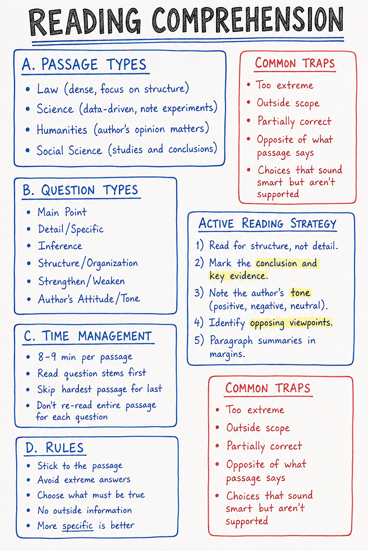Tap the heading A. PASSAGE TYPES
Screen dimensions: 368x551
point(84,65)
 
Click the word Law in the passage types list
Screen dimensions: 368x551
point(47,89)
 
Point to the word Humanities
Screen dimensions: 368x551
point(62,129)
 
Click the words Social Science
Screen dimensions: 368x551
point(69,150)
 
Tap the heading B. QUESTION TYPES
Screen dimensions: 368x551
point(80,190)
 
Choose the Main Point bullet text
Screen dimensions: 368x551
point(62,212)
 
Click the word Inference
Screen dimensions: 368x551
point(60,246)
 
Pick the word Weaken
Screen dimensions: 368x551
point(109,281)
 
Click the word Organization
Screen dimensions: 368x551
point(112,263)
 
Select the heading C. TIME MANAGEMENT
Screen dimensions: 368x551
point(88,336)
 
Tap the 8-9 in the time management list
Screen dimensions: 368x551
point(47,357)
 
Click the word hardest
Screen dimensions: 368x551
point(77,389)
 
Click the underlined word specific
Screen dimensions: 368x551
point(77,526)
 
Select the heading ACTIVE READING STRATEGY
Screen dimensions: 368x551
point(267,223)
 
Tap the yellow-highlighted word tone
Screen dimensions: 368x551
point(300,293)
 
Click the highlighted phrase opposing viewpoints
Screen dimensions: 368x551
point(291,323)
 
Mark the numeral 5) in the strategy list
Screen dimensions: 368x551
point(199,340)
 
